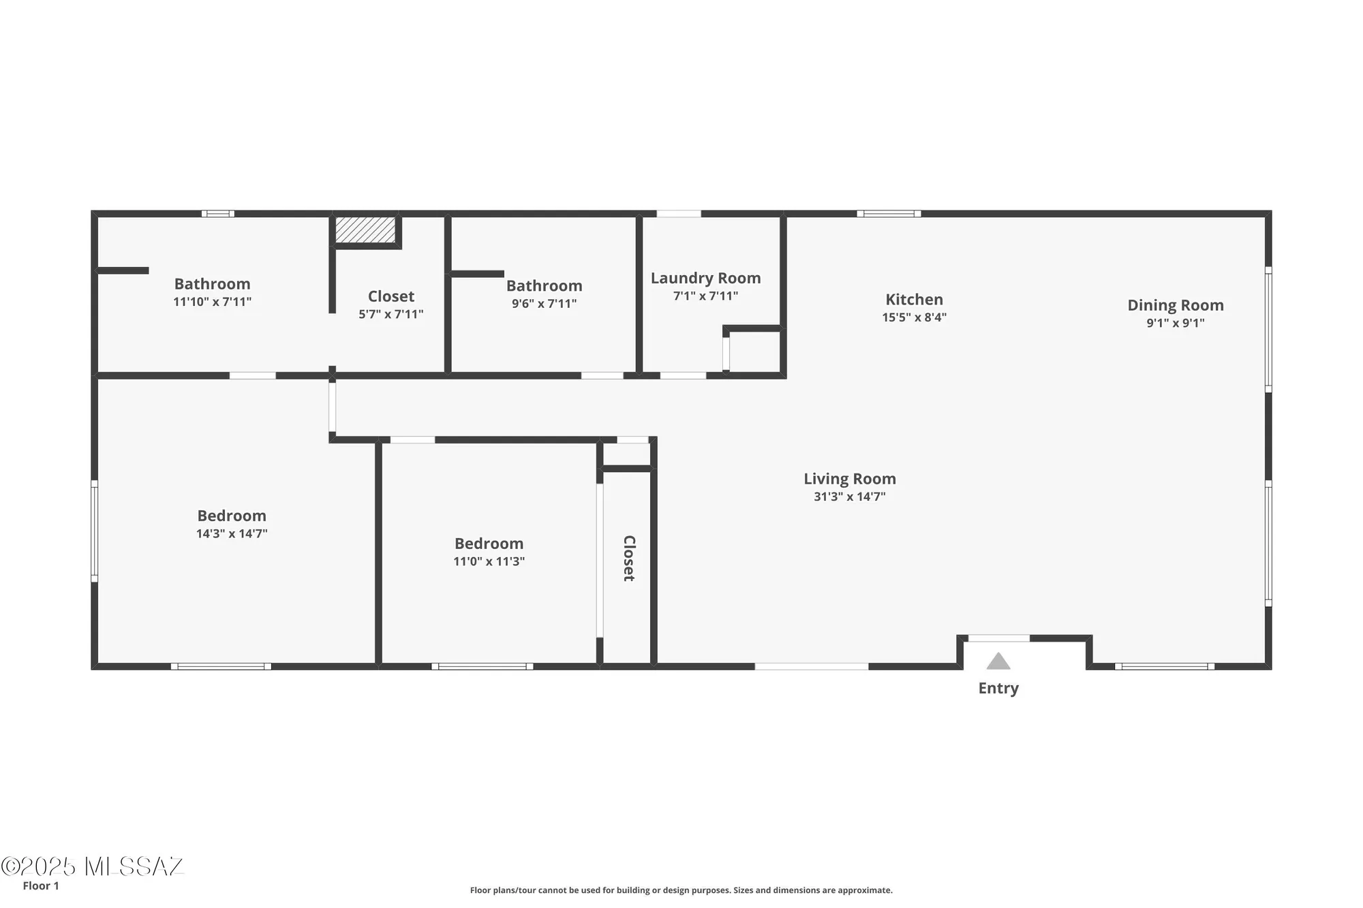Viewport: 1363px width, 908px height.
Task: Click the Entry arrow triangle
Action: click(998, 661)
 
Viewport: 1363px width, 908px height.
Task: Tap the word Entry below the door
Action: click(998, 688)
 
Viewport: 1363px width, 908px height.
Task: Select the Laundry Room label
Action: click(705, 278)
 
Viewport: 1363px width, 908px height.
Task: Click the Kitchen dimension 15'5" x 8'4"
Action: click(914, 317)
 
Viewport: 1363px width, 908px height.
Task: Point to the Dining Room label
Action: click(1175, 305)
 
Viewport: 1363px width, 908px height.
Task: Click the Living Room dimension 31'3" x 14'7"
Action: click(849, 497)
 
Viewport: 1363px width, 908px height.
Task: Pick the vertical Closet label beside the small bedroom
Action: click(629, 558)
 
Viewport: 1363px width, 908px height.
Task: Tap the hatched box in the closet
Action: click(365, 230)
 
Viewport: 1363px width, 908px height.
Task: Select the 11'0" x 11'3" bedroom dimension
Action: click(489, 561)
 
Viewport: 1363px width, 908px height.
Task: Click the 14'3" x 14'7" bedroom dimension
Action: click(232, 533)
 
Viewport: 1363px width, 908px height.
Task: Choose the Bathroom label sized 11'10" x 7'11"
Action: click(212, 284)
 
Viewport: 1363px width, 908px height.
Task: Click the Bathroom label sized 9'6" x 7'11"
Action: click(544, 286)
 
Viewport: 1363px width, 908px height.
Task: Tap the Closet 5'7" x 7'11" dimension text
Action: click(390, 314)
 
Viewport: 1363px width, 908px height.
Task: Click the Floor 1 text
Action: click(41, 886)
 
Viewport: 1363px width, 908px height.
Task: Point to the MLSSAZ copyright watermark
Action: click(93, 866)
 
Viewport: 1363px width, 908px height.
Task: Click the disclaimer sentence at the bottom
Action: click(681, 890)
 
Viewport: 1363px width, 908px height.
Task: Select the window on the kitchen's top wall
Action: click(889, 214)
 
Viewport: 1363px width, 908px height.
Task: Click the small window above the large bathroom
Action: click(218, 214)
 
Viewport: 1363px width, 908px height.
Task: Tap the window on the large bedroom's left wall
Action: click(95, 531)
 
